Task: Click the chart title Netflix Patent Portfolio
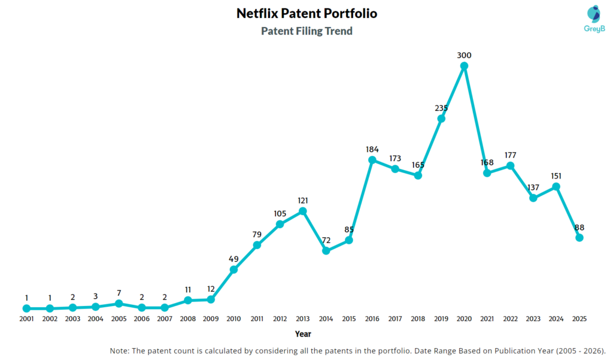coord(306,13)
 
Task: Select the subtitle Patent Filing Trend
coord(306,31)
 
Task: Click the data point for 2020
coord(464,66)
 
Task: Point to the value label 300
coord(464,55)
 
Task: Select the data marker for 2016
coord(372,160)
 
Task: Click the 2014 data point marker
coord(326,250)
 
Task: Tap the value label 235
coord(441,108)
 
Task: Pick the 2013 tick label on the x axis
coord(303,319)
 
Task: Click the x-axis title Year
coord(303,334)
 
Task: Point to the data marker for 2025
coord(579,238)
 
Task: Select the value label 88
coord(579,228)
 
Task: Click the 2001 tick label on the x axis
coord(26,319)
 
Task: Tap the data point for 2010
coord(234,270)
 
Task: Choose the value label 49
coord(234,259)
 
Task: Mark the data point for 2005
coord(119,304)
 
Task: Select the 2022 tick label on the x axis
coord(510,319)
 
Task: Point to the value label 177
coord(510,155)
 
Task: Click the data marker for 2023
coord(533,198)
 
